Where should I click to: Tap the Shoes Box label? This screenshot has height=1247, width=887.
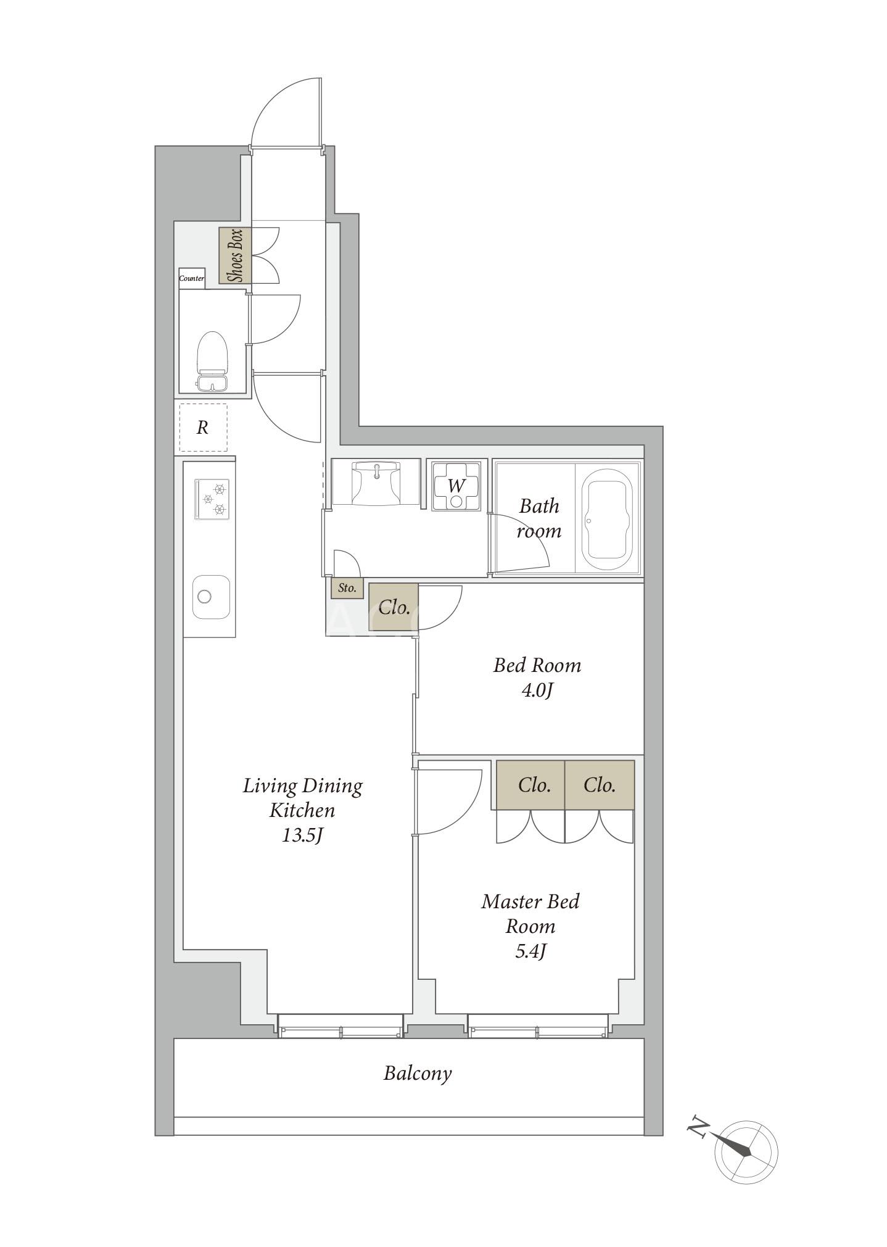point(235,255)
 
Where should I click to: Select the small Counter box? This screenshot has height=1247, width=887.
point(192,278)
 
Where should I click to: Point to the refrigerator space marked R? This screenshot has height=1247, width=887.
point(203,428)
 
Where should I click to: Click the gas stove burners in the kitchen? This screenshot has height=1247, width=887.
point(212,499)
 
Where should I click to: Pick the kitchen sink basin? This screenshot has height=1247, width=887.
point(211,597)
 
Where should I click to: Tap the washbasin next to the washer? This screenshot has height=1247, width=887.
point(376,484)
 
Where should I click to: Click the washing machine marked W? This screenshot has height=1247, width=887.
point(456,486)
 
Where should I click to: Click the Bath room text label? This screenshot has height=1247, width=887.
point(539,518)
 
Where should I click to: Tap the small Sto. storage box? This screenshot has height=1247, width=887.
point(347,588)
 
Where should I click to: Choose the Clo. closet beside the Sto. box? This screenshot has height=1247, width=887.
point(394,607)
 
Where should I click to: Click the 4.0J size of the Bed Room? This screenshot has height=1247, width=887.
point(537,690)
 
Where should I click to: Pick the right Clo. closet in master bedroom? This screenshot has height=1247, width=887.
point(600,785)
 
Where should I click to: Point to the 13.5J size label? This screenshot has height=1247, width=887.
point(303,835)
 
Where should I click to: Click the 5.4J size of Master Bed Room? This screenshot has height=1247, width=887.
point(531,951)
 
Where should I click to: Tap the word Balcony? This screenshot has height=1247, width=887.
point(418,1074)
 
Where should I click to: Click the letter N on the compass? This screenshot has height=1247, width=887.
point(697,1127)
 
